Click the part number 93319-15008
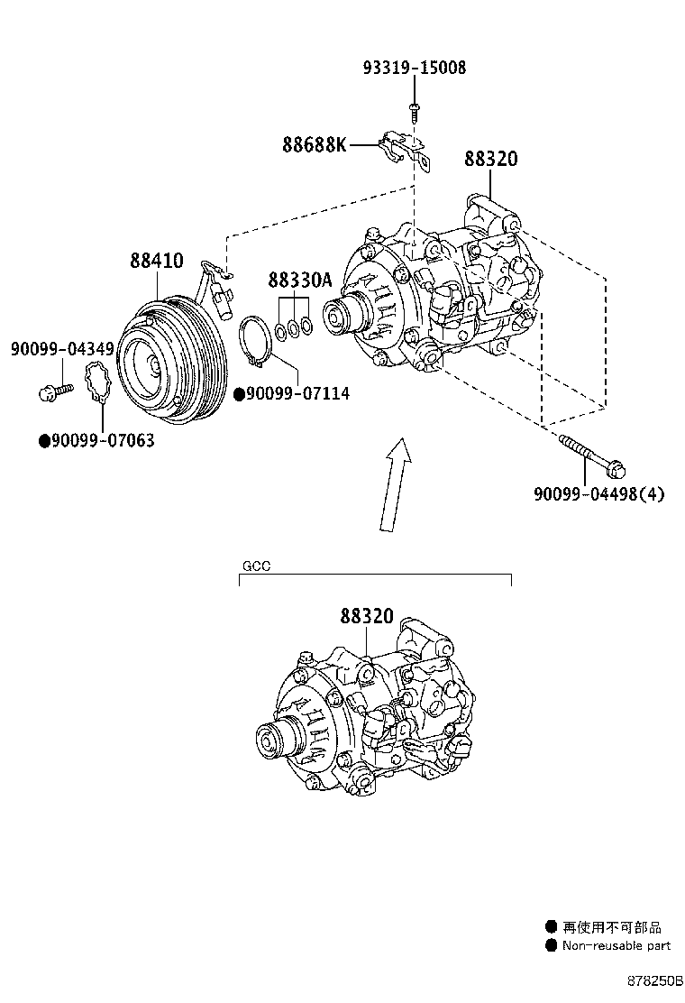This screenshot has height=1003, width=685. [x=415, y=68]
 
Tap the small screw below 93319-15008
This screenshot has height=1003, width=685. [x=414, y=110]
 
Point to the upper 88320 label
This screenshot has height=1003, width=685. [x=491, y=160]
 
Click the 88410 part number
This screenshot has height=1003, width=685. [x=156, y=262]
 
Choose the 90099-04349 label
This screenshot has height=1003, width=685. [x=62, y=348]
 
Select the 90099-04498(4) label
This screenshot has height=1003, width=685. [x=598, y=493]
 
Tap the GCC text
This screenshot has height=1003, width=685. [x=256, y=566]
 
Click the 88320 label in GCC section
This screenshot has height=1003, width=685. [x=367, y=617]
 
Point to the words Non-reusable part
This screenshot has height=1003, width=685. [x=616, y=946]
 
